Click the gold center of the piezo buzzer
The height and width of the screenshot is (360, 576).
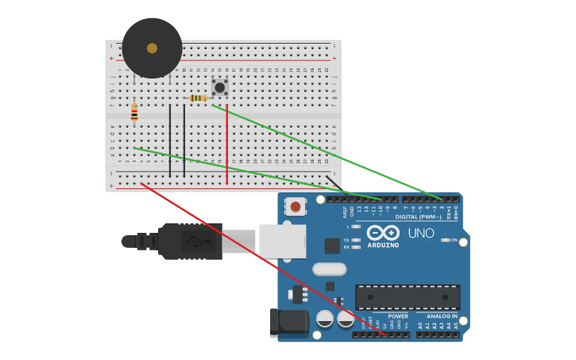(x=152, y=48)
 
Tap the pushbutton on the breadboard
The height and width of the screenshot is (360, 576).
(x=220, y=87)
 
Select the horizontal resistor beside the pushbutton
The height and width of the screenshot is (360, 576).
(x=198, y=99)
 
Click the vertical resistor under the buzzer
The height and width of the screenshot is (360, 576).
(x=134, y=113)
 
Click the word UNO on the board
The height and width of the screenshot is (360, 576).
(x=420, y=234)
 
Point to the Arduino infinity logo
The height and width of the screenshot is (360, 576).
(x=383, y=233)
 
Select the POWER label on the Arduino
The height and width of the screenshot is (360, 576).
(x=398, y=316)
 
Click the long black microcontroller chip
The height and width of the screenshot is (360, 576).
(x=407, y=296)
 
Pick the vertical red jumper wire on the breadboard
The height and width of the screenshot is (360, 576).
(x=226, y=143)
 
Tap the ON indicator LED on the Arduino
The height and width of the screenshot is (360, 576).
(x=446, y=240)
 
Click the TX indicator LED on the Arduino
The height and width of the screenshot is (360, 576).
(x=356, y=239)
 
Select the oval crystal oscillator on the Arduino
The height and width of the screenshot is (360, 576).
(x=329, y=269)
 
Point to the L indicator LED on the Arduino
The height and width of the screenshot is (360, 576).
(x=356, y=226)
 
